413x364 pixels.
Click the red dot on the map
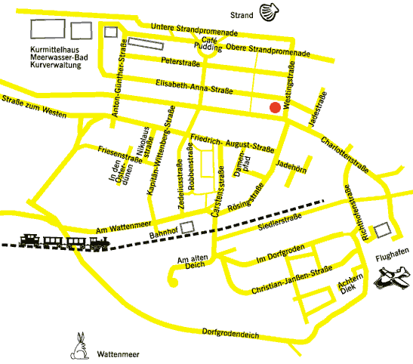(x=276, y=108)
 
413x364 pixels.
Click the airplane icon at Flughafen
(x=393, y=280)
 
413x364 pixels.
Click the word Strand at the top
(x=242, y=14)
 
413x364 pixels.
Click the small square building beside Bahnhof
(x=187, y=225)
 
